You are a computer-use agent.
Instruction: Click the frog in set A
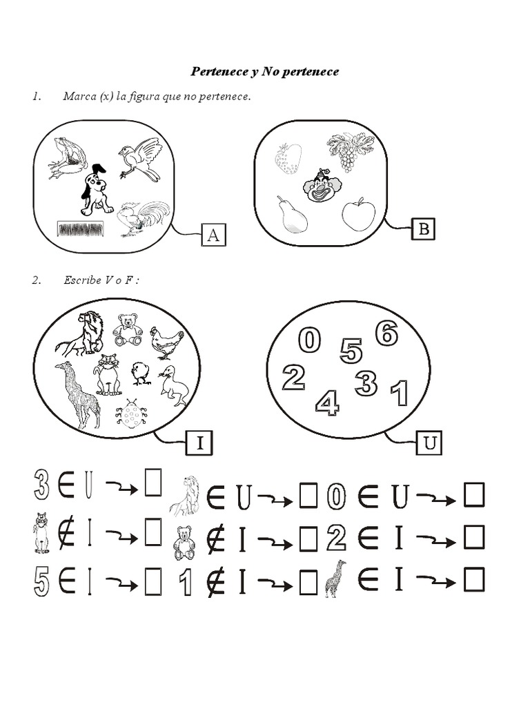[68, 158]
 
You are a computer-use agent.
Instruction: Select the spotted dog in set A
[95, 191]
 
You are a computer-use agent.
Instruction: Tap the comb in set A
[80, 229]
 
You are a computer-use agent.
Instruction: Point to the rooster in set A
[141, 217]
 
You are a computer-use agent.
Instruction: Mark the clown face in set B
[322, 185]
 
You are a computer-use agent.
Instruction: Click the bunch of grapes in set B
[343, 151]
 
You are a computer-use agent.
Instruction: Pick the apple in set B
[358, 215]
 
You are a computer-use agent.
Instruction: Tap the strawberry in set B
[288, 158]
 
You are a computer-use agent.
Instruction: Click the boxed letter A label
[213, 235]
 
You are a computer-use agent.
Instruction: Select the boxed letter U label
[429, 443]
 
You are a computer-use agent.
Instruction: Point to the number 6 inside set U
[386, 333]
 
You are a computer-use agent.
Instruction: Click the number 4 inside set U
[327, 403]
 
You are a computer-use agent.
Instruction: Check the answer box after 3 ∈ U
[153, 483]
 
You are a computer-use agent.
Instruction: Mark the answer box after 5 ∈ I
[153, 583]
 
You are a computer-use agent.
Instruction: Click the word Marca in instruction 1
[79, 96]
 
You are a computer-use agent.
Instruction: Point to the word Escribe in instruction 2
[83, 280]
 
